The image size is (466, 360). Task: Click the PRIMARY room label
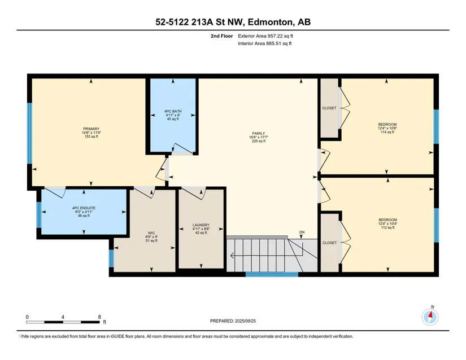[91, 129]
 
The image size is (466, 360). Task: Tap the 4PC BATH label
[173, 111]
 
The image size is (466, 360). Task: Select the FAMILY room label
[259, 134]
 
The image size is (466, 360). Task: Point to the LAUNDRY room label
[201, 225]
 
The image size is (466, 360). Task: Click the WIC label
[151, 233]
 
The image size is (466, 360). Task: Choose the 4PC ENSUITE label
[84, 208]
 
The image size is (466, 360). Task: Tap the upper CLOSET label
[329, 108]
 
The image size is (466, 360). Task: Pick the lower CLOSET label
[329, 243]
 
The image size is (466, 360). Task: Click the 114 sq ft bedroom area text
[387, 132]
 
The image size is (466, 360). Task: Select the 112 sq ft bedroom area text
[387, 227]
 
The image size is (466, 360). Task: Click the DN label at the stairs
[302, 232]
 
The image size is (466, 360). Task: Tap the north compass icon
[430, 317]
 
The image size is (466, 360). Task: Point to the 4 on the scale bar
[63, 317]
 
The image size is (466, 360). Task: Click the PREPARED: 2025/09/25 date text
[233, 321]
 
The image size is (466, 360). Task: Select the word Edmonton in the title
[269, 22]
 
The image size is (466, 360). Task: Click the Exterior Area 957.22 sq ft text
[265, 36]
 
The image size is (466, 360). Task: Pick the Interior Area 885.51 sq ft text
[264, 43]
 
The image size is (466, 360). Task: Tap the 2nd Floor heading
[222, 36]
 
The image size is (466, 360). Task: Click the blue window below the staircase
[272, 275]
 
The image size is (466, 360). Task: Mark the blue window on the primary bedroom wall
[29, 133]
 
